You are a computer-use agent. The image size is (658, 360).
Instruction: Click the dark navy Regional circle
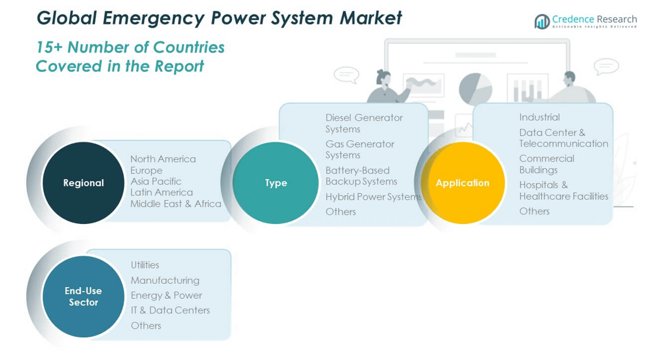coord(83,183)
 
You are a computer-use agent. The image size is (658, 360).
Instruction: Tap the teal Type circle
coord(276,183)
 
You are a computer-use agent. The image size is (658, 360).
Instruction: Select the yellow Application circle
coord(462,183)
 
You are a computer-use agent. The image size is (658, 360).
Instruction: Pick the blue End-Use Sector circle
coord(83,296)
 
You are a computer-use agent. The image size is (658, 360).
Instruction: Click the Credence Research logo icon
coord(542,22)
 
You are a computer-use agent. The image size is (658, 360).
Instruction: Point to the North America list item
coord(163,159)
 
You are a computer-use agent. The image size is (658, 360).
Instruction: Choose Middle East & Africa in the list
coord(176,204)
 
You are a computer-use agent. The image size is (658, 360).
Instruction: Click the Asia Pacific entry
coord(156,181)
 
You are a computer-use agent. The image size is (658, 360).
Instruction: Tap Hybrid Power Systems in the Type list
coord(373,197)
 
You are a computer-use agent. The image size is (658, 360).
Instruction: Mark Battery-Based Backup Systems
coord(361,176)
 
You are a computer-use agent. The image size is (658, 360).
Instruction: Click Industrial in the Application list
coord(539,117)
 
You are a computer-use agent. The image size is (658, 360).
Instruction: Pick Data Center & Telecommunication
coord(563,138)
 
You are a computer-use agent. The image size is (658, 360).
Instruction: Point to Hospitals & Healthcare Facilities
coord(563,190)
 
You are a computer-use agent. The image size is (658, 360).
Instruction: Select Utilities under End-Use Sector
coord(145,265)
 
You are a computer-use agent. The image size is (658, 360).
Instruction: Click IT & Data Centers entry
coord(170,310)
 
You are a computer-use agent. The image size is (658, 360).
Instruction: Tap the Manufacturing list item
coord(165,280)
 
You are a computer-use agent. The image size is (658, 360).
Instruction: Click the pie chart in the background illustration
coord(475,89)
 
